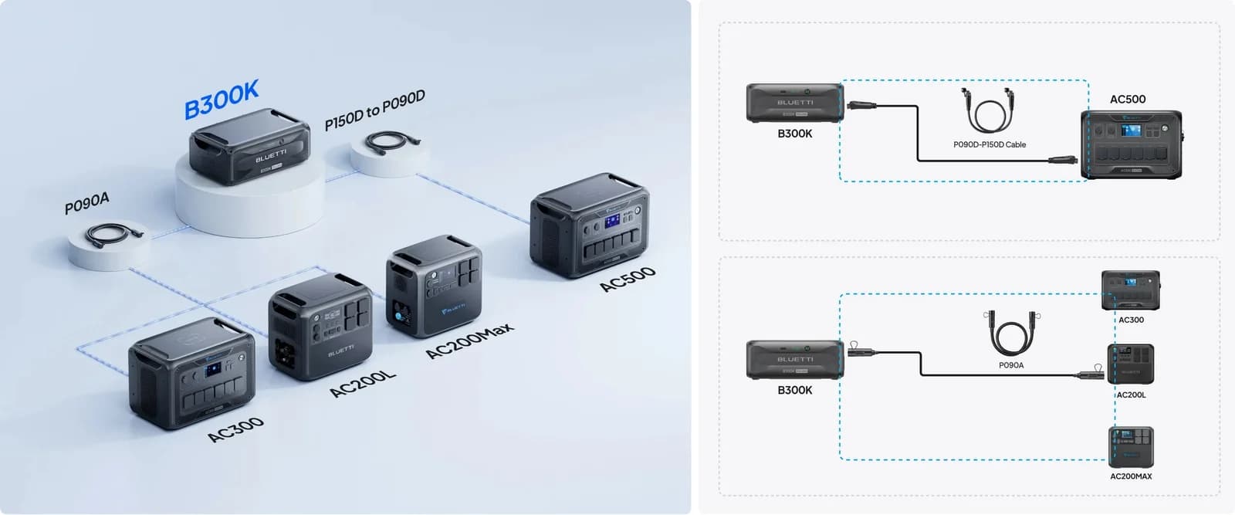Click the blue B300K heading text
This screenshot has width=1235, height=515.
[x=221, y=100]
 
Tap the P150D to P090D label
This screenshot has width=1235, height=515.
[x=375, y=110]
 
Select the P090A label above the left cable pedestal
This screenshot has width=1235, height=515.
[x=87, y=203]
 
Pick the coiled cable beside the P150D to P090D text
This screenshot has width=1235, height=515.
[x=393, y=142]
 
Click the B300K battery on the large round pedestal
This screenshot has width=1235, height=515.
[x=250, y=146]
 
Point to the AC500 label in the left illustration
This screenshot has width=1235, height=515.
[x=628, y=280]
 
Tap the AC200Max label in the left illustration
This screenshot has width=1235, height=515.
[x=470, y=341]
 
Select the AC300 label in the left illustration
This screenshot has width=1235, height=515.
[x=236, y=429]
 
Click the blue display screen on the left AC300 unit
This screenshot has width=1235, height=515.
[x=213, y=370]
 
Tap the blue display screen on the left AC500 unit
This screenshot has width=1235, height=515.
[x=612, y=222]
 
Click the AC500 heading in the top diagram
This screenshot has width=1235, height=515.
[x=1128, y=100]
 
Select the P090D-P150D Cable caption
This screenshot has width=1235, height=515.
[x=990, y=144]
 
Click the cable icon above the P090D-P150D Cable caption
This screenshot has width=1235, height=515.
[x=989, y=110]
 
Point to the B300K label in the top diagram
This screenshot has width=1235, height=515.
[x=794, y=134]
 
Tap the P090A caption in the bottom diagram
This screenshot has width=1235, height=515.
[x=1011, y=365]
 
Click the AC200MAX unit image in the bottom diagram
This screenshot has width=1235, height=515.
[x=1131, y=446]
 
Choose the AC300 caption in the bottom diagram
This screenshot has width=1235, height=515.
[x=1131, y=320]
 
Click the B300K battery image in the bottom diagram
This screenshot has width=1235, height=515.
[x=795, y=360]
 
